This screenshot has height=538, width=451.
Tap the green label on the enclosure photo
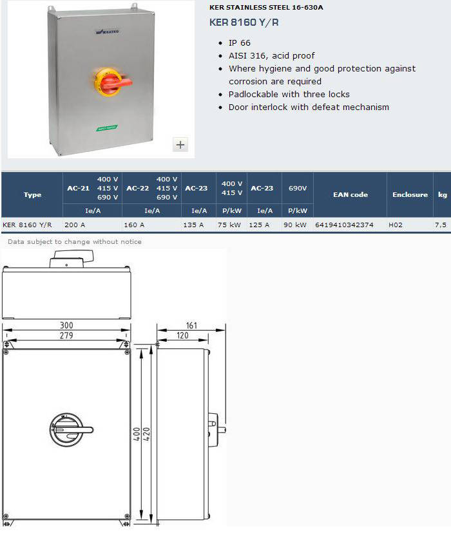107,128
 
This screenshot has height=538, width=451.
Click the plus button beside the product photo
180,144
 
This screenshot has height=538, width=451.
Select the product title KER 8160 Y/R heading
244,23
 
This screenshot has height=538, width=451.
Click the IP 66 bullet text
240,43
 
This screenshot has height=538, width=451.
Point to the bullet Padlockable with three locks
289,95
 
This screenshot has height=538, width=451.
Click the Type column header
32,194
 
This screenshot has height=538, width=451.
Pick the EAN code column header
350,194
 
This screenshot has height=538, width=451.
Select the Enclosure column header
410,194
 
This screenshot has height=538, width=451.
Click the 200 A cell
75,225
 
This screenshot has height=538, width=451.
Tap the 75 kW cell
229,225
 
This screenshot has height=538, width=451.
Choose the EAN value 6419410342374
344,225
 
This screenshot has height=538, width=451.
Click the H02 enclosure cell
396,225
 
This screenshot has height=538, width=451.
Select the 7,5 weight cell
441,225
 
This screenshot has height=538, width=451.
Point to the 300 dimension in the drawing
66,325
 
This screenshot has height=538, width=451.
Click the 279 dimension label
66,335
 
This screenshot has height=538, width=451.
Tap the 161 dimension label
191,325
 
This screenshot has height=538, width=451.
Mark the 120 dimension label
182,335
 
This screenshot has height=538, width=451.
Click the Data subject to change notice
75,241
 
